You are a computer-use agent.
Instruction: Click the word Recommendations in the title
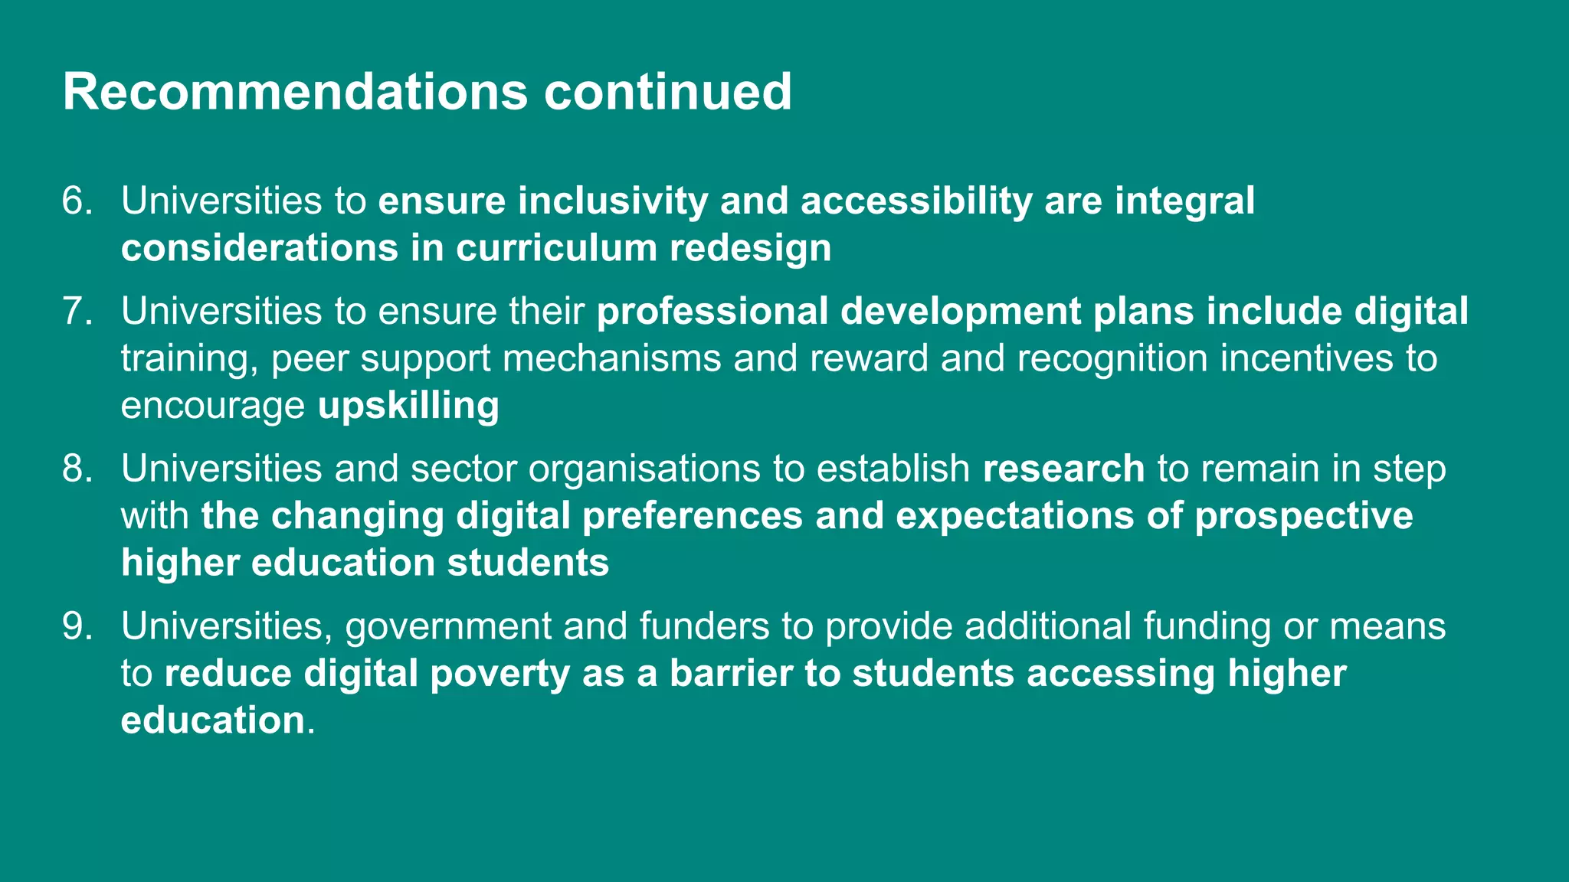point(295,92)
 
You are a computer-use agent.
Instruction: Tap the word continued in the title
point(667,92)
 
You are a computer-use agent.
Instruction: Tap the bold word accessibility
point(916,201)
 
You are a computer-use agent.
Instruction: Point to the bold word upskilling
point(408,406)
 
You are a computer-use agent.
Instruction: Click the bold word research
point(1063,469)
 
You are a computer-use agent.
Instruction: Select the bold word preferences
point(693,517)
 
